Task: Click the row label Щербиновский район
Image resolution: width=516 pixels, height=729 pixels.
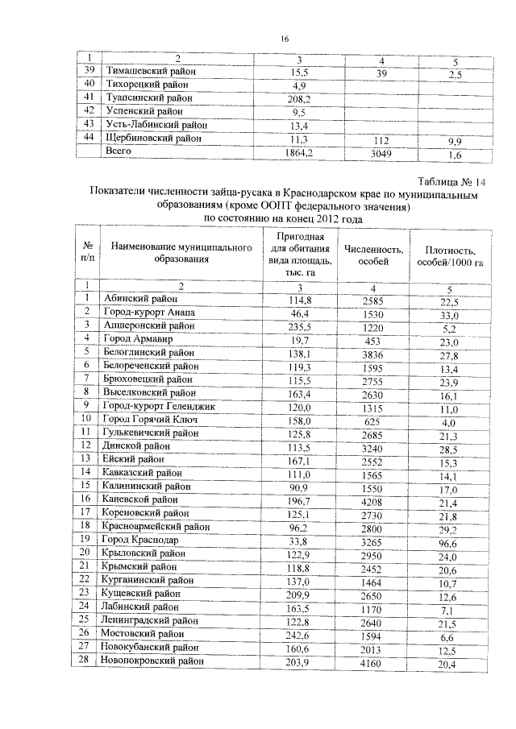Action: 152,139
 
